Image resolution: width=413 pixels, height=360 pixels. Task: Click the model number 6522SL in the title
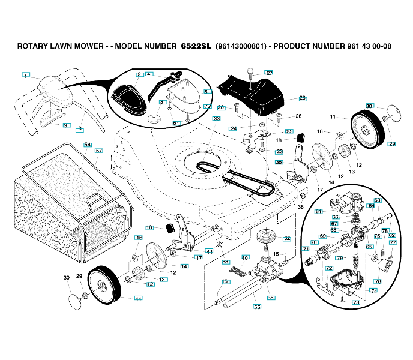196,46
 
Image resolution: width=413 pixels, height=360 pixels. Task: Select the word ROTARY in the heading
34,46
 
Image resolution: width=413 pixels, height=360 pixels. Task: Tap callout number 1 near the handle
25,75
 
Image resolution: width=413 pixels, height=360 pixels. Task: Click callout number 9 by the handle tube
65,125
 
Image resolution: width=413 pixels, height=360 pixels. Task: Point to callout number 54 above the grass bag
87,145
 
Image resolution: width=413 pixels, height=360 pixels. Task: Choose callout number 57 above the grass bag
98,151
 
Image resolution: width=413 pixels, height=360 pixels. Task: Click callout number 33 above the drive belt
216,119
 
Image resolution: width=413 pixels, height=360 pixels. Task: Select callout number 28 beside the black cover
302,97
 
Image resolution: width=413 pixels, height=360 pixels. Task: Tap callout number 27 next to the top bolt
268,73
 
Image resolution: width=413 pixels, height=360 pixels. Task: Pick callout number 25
289,131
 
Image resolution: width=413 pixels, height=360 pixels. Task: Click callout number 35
279,162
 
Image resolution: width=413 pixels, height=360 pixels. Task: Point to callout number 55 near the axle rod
257,307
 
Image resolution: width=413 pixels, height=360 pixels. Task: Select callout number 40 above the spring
244,257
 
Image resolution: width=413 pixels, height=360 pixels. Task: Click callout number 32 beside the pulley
287,238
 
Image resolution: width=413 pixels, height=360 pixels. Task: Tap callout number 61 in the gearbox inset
318,211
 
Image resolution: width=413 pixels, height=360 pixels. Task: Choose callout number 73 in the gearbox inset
356,303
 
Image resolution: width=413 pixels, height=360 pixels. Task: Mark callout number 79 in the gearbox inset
339,259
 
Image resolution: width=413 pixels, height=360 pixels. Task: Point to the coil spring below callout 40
238,271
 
